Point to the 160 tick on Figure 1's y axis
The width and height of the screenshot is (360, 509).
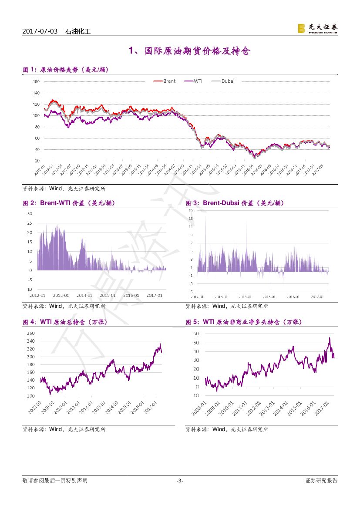pyautogui.click(x=36, y=81)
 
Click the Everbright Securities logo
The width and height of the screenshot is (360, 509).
pyautogui.click(x=317, y=28)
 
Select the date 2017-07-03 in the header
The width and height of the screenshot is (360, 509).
pyautogui.click(x=40, y=32)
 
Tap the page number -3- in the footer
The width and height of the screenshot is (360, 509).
pyautogui.click(x=180, y=481)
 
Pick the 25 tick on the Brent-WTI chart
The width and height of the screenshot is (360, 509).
pyautogui.click(x=30, y=223)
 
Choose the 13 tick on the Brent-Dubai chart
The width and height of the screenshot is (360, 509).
pyautogui.click(x=191, y=218)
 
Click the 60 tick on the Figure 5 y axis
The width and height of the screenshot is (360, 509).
pyautogui.click(x=196, y=334)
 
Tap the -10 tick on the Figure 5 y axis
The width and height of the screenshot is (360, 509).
pyautogui.click(x=195, y=395)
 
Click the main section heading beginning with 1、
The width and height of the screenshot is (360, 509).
pyautogui.click(x=189, y=51)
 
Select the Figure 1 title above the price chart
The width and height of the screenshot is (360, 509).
pyautogui.click(x=65, y=70)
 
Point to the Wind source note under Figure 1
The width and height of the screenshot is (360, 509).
pyautogui.click(x=64, y=189)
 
